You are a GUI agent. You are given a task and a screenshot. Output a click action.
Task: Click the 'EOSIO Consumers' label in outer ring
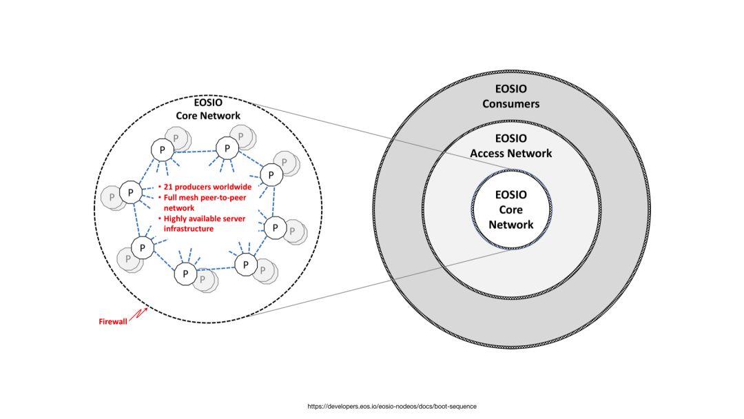pos(510,96)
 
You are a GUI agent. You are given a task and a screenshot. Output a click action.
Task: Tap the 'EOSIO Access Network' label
pos(510,145)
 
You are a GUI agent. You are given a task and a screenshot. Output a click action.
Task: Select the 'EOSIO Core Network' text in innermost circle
pos(510,209)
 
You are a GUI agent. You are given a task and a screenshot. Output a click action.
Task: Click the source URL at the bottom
pos(391,406)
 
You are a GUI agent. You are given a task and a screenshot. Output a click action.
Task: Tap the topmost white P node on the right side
pos(227,147)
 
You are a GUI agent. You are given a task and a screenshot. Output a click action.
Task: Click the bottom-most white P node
pos(185,274)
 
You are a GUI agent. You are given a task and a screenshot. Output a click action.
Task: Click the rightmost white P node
pos(275,227)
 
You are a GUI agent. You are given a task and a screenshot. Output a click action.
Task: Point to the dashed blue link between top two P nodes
pos(194,150)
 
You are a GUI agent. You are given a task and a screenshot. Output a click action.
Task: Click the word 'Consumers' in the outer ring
pos(510,104)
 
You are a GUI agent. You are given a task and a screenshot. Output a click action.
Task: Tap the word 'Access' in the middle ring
pos(488,153)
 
